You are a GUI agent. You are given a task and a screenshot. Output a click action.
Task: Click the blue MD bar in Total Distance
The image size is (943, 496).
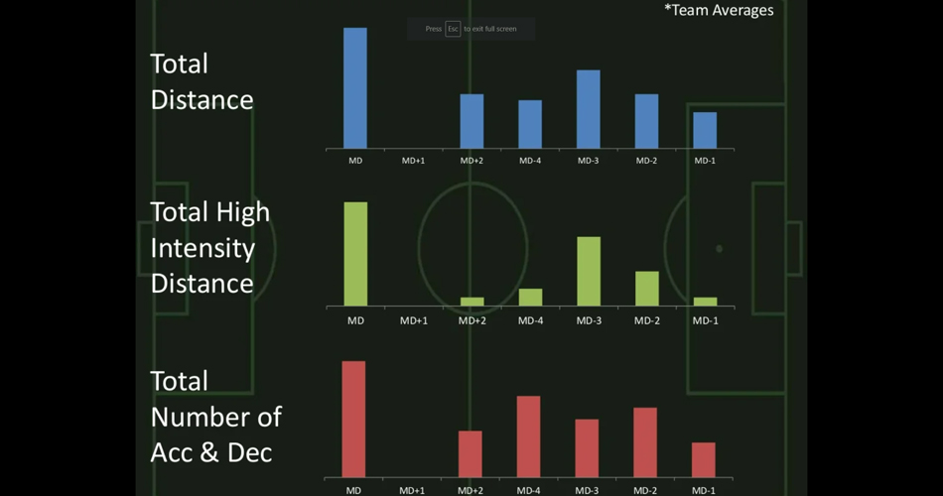click(x=355, y=88)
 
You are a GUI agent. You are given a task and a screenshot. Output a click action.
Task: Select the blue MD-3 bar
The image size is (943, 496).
click(x=588, y=109)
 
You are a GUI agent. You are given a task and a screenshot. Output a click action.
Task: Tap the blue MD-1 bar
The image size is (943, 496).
click(x=705, y=130)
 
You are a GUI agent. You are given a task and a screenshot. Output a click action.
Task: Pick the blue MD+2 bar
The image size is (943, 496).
click(x=471, y=121)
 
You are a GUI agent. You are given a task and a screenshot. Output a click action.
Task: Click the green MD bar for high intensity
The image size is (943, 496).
click(x=355, y=254)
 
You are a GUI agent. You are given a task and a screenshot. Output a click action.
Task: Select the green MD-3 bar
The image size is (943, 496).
click(x=589, y=271)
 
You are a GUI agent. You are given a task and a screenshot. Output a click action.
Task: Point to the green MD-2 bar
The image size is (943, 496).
click(x=647, y=288)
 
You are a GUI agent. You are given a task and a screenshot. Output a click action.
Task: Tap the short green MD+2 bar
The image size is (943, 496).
click(x=472, y=301)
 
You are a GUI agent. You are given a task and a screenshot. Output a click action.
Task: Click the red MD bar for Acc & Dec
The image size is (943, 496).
click(x=353, y=419)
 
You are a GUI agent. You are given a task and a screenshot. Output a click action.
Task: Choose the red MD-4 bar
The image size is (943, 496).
click(x=529, y=436)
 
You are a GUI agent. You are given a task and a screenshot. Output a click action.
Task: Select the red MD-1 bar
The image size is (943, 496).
click(x=704, y=459)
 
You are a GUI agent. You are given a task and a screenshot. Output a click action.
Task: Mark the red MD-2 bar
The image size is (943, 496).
click(x=645, y=442)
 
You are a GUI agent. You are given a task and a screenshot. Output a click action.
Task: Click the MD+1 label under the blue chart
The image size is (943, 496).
click(x=414, y=160)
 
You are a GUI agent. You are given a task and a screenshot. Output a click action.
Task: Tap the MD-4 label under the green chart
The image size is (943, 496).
click(x=531, y=320)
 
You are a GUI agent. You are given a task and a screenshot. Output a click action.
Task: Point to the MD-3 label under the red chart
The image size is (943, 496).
click(x=588, y=490)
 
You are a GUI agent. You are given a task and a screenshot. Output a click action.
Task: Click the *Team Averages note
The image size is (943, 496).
click(x=719, y=10)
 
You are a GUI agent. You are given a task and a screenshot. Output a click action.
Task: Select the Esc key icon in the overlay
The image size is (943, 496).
click(x=453, y=29)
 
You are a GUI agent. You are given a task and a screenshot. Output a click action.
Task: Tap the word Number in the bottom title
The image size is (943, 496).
click(x=215, y=417)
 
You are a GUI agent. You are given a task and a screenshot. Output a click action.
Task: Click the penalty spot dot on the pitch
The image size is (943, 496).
click(x=720, y=249)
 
